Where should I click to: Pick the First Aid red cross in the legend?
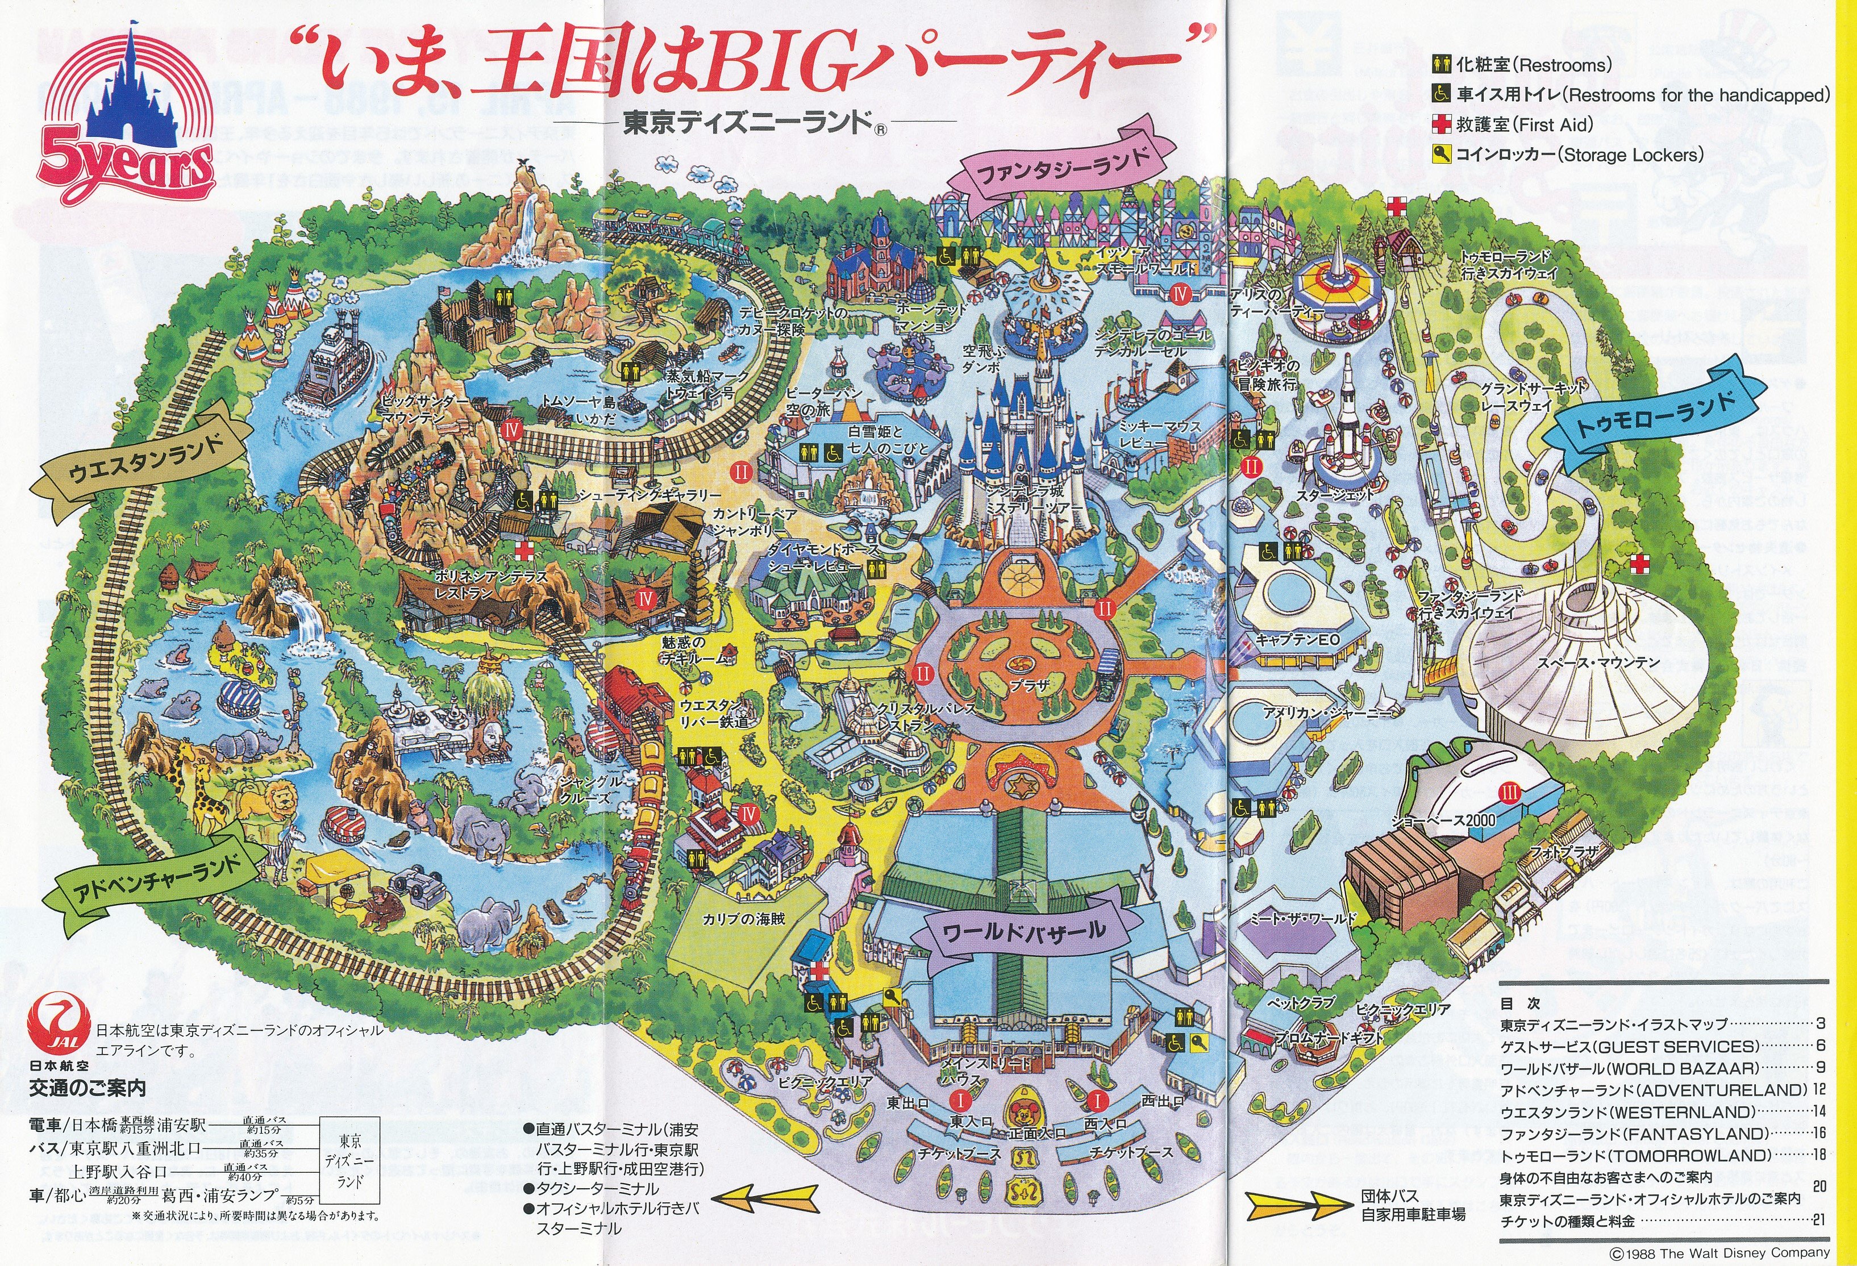tap(1440, 124)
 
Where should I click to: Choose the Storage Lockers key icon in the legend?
tap(1440, 154)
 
